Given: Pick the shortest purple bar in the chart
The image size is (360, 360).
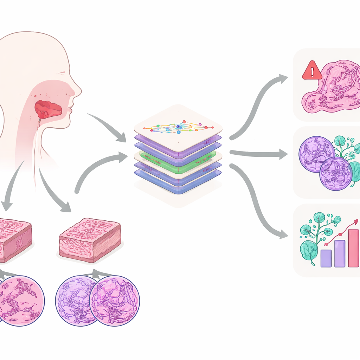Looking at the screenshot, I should point(326,258).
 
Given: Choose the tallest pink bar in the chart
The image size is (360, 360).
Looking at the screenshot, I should point(353,248).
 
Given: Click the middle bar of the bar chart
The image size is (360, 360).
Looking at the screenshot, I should point(340,253).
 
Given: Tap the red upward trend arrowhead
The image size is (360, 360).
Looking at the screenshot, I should point(356,222).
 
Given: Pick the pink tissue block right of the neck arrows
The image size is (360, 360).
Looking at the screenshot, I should point(90,239).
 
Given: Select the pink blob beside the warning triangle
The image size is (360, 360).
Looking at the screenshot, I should point(334,88).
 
